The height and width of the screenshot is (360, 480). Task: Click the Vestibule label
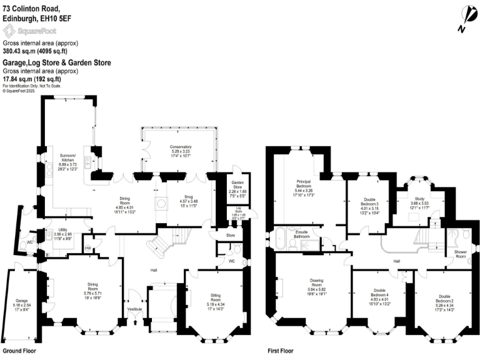point(135,309)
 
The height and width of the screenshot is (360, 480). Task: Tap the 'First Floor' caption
point(280,351)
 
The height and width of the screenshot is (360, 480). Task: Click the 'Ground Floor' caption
point(19,351)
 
